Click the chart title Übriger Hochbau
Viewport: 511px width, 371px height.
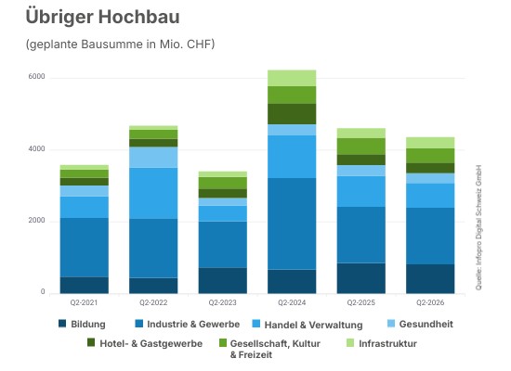click(x=102, y=17)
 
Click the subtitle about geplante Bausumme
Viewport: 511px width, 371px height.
click(x=120, y=44)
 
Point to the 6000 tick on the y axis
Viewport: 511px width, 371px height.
click(x=36, y=76)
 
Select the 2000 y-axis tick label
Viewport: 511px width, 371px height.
click(x=36, y=221)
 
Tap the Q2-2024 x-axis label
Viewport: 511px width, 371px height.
click(x=292, y=302)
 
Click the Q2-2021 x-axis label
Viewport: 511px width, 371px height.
click(x=84, y=302)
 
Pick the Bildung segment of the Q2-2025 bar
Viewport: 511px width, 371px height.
click(x=361, y=278)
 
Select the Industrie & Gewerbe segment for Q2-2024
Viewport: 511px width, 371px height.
click(x=292, y=224)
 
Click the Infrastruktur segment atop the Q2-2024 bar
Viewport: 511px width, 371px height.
click(x=292, y=78)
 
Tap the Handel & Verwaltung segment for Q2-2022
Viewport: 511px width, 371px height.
click(x=153, y=193)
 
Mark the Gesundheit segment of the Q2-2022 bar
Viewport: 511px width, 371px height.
click(x=153, y=157)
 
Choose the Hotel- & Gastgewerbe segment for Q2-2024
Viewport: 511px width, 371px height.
click(x=292, y=114)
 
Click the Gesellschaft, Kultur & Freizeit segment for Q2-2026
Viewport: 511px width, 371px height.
click(x=430, y=156)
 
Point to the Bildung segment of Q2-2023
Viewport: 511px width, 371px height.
click(x=223, y=280)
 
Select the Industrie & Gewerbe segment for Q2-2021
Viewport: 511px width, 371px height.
click(x=84, y=248)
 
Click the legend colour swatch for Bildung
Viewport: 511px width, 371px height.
click(x=62, y=324)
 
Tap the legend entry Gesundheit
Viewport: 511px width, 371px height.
click(x=420, y=324)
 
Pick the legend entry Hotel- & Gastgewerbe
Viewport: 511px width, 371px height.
click(x=145, y=343)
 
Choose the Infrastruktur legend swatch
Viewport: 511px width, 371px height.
click(x=350, y=342)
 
